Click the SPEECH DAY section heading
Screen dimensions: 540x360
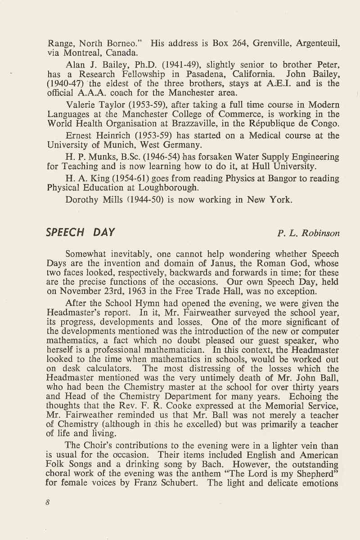pyautogui.click(x=81, y=233)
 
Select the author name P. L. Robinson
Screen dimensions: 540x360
pyautogui.click(x=309, y=233)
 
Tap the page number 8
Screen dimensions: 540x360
pyautogui.click(x=47, y=503)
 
